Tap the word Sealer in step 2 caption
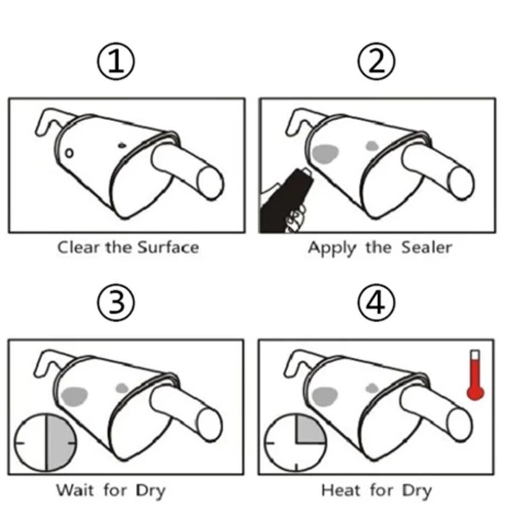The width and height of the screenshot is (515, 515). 427,248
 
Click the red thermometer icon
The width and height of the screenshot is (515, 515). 474,376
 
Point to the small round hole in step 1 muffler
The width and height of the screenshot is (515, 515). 70,152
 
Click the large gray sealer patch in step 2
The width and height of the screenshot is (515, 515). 325,152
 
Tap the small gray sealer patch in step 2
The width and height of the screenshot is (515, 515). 372,145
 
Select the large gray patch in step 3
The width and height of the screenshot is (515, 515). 74,396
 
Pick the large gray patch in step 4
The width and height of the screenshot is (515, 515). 324,396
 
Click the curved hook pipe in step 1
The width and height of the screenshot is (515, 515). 48,121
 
